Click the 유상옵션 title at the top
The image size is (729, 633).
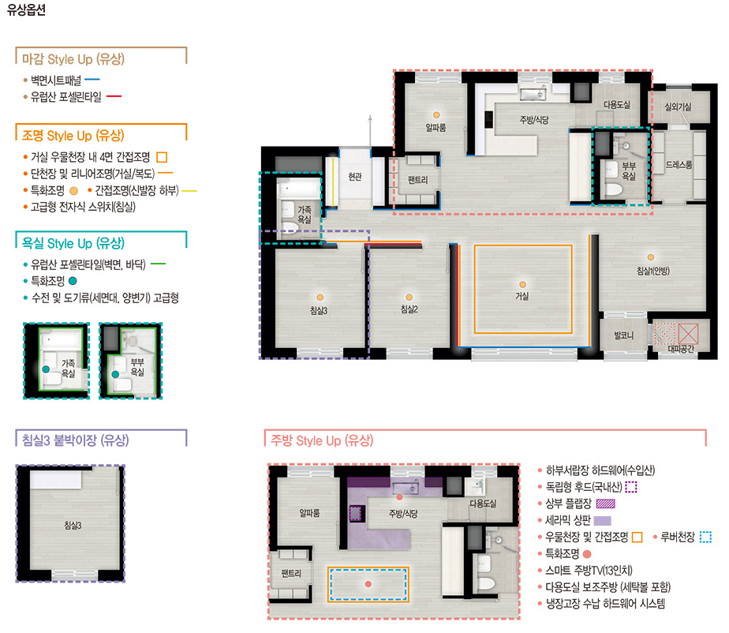(27, 9)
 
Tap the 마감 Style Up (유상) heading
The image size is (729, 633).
(73, 59)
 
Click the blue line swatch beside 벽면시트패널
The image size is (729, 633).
(92, 80)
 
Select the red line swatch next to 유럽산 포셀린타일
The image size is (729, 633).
(114, 96)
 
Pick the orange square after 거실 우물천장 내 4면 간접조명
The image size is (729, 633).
(162, 157)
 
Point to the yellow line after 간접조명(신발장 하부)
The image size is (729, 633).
(189, 191)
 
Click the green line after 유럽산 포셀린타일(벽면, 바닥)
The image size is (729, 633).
(158, 264)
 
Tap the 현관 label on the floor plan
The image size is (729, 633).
(355, 177)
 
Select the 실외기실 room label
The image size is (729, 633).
(678, 107)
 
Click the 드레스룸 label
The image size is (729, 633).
(679, 165)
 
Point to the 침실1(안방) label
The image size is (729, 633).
(653, 271)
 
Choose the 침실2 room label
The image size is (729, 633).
(409, 309)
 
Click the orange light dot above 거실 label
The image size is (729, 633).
(522, 285)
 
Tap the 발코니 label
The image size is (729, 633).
(623, 335)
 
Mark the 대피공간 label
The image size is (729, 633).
(681, 348)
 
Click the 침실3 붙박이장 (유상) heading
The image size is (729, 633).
(75, 440)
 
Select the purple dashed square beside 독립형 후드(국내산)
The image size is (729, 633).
(631, 487)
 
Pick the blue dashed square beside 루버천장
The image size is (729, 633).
(706, 537)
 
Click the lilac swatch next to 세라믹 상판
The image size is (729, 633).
(603, 520)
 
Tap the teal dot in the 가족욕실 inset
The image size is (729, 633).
(46, 369)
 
